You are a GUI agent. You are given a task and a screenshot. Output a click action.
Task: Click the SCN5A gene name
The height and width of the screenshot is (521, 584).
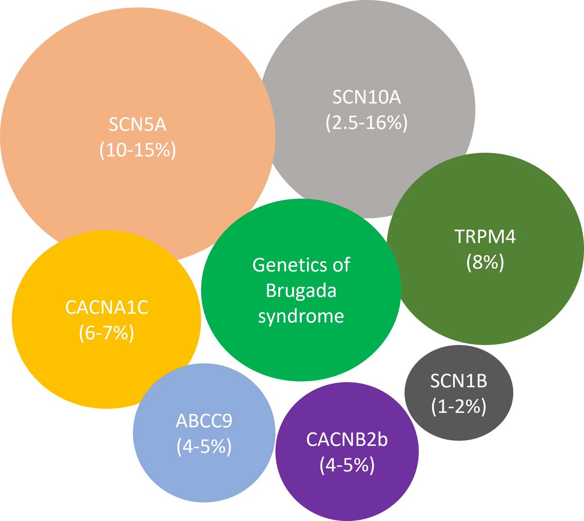tap(137, 125)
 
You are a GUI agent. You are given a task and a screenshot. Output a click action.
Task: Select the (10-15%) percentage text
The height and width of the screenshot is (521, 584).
tap(137, 150)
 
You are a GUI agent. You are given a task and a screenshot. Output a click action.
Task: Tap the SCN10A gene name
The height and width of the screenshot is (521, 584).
tap(366, 97)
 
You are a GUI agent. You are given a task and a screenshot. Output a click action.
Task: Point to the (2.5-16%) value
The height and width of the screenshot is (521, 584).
tap(366, 123)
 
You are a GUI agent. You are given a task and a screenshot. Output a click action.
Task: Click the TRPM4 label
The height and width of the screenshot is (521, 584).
tap(485, 237)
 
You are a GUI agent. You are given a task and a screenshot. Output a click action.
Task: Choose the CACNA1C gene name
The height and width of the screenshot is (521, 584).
tap(107, 307)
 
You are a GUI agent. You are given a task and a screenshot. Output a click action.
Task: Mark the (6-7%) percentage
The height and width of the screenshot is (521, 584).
tap(107, 333)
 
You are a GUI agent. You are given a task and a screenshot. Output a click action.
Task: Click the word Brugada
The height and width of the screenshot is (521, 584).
tap(301, 291)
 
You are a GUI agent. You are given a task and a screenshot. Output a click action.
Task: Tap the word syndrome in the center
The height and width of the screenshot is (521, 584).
tap(301, 316)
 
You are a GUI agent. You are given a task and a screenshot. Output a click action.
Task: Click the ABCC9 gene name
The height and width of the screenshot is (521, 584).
tap(204, 421)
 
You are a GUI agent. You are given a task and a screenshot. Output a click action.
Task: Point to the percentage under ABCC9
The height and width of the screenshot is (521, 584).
tap(204, 446)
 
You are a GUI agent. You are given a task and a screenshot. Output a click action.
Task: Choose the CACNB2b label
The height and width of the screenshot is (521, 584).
tap(347, 439)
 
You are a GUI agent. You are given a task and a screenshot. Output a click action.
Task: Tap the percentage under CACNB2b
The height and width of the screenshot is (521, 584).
tap(347, 465)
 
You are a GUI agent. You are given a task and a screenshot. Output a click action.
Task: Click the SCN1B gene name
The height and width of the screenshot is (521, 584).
tap(458, 381)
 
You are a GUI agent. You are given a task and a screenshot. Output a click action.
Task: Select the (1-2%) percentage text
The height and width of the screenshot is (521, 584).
tap(458, 407)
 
